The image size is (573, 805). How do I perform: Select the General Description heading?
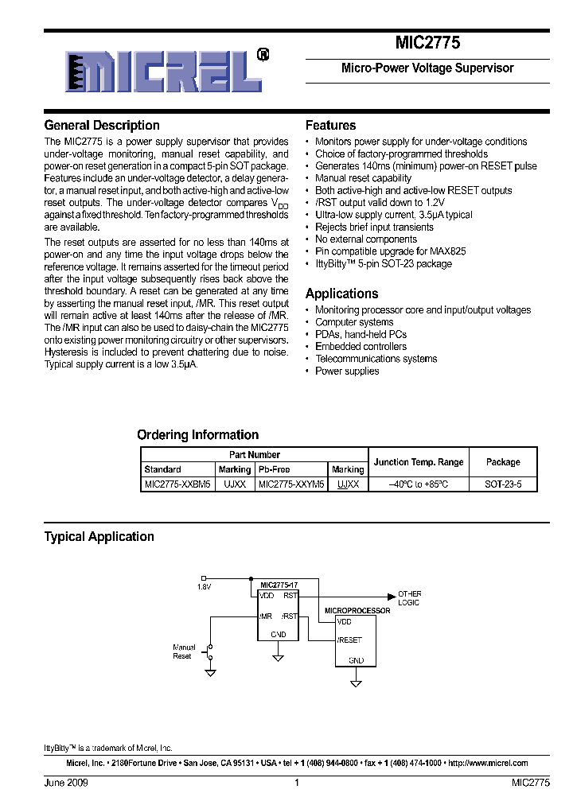click(102, 126)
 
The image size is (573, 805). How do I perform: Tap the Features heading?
click(330, 126)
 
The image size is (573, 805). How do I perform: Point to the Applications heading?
click(341, 294)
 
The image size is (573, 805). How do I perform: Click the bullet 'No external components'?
click(365, 239)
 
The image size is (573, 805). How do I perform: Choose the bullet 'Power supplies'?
click(347, 371)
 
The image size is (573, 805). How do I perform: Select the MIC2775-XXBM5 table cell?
click(177, 484)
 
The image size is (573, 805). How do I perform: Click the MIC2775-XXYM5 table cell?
click(290, 484)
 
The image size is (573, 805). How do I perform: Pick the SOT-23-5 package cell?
click(503, 484)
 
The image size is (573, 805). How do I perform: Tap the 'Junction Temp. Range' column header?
click(418, 462)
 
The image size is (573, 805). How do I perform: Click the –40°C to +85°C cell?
click(418, 484)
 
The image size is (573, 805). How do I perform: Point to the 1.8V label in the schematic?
click(205, 587)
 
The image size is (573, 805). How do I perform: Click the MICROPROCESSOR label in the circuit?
click(357, 611)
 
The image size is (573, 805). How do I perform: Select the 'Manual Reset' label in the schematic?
click(183, 651)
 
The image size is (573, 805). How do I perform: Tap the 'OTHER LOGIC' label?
click(409, 598)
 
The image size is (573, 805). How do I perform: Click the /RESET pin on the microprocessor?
click(349, 640)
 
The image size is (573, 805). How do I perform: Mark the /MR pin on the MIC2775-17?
click(265, 616)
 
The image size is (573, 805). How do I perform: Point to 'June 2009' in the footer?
click(66, 783)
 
